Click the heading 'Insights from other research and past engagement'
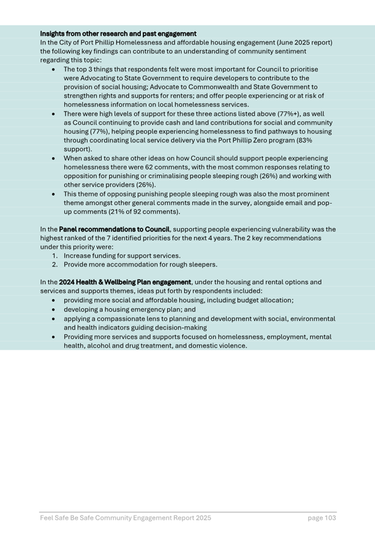118,34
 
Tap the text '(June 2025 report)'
301,42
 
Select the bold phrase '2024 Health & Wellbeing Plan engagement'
125,282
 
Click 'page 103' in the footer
322,518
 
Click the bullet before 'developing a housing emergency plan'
53,309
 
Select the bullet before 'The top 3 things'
53,69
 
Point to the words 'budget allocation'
261,300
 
